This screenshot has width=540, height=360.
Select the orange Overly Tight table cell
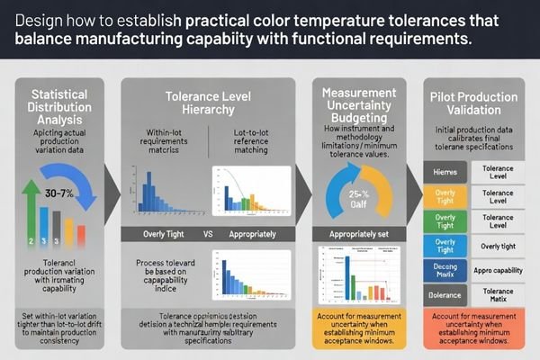click(445, 197)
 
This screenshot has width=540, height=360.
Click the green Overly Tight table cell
click(445, 220)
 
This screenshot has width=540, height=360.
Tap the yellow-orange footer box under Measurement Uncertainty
click(360, 329)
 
